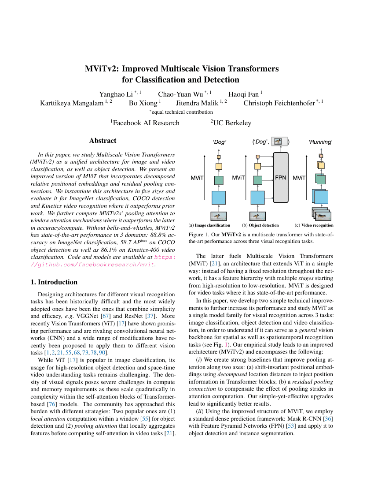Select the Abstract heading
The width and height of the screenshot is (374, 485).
pos(103,141)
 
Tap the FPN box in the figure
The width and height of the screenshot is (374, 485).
pos(280,178)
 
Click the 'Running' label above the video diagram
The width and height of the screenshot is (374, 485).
pos(320,142)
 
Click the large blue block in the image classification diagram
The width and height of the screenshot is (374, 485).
pos(219,198)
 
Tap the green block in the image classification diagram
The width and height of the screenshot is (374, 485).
pos(219,180)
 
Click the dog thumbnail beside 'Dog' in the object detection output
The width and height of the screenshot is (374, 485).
pos(278,142)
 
